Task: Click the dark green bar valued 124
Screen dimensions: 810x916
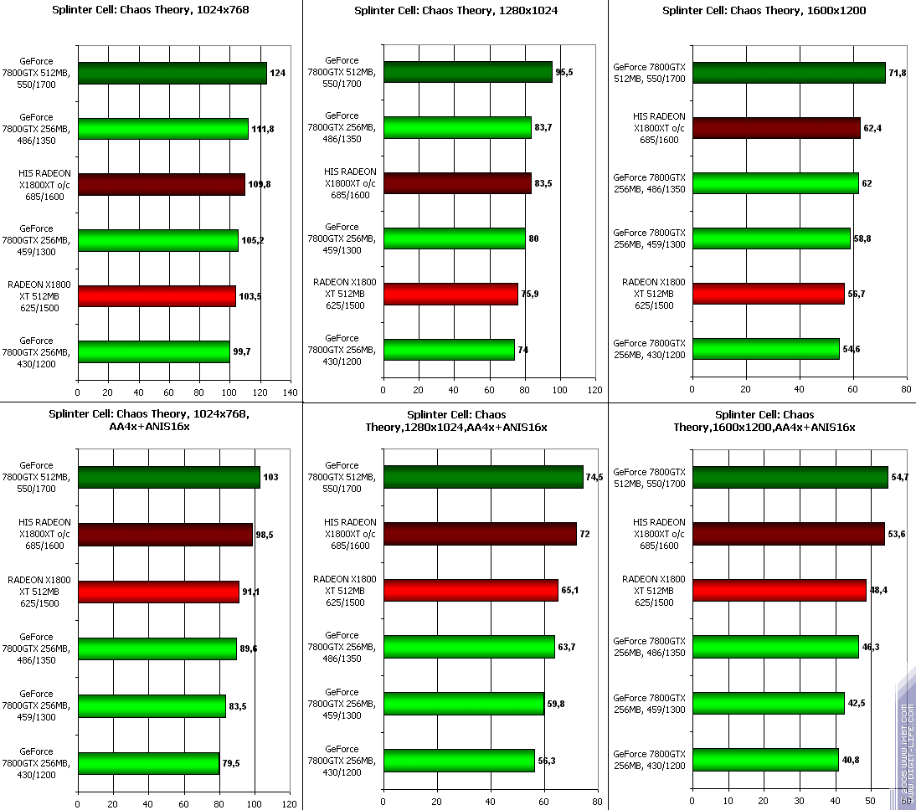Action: coord(172,74)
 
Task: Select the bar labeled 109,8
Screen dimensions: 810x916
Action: coord(161,184)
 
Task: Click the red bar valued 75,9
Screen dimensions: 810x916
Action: coord(450,295)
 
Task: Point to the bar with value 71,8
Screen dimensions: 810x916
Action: coord(788,74)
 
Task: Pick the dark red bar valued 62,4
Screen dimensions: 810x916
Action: coord(775,128)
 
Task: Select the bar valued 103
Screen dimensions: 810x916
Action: coord(168,478)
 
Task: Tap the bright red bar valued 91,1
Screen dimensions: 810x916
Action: coord(158,592)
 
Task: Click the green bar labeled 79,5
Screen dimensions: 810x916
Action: coord(148,763)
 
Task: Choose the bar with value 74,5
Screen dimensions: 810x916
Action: coord(483,477)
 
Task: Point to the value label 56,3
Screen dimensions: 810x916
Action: coord(547,761)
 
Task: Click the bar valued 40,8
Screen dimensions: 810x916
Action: coord(764,760)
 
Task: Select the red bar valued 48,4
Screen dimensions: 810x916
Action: coord(779,591)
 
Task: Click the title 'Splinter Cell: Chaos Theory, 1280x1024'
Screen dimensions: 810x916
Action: coord(456,11)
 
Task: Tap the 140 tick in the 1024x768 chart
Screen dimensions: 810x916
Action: coord(291,392)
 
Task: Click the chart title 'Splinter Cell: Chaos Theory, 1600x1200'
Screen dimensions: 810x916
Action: coord(764,11)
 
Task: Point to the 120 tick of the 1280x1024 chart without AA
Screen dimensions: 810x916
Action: coord(595,390)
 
